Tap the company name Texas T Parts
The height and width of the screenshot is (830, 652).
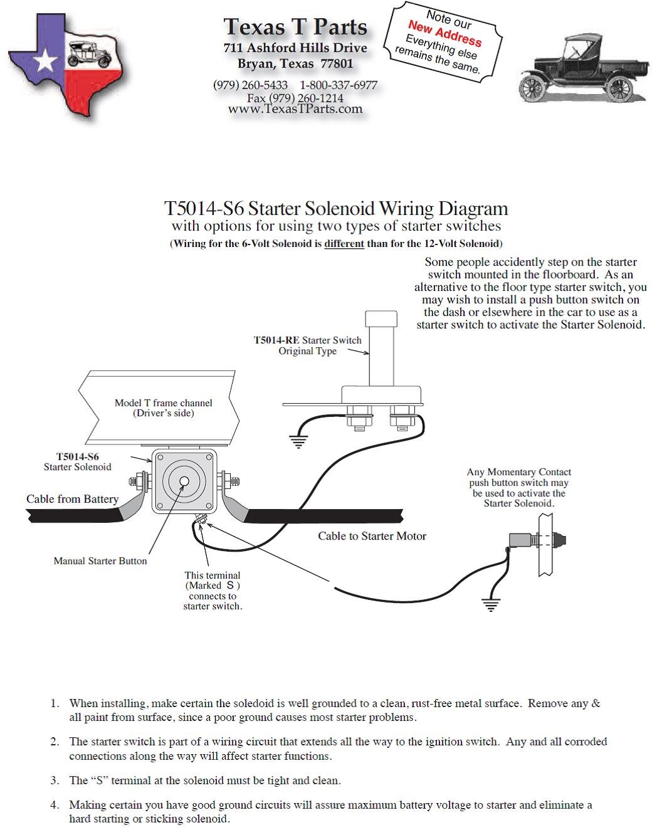(295, 27)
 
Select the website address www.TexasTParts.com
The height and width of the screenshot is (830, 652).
(295, 109)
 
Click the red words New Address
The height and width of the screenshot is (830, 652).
(444, 33)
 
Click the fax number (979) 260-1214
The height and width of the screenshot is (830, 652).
(295, 98)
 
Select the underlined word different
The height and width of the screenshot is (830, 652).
(344, 243)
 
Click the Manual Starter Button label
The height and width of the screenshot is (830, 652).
(100, 561)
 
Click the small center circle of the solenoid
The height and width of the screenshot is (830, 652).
(184, 481)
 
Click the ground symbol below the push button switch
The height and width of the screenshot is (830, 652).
(491, 605)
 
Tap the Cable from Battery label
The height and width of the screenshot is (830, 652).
(72, 499)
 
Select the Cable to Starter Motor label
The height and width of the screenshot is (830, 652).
(372, 536)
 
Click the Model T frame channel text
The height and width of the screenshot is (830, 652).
(163, 403)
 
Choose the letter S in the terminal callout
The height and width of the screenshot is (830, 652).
(230, 586)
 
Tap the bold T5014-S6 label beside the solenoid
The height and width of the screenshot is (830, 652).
(78, 457)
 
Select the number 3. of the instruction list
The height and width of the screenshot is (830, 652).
(55, 780)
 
